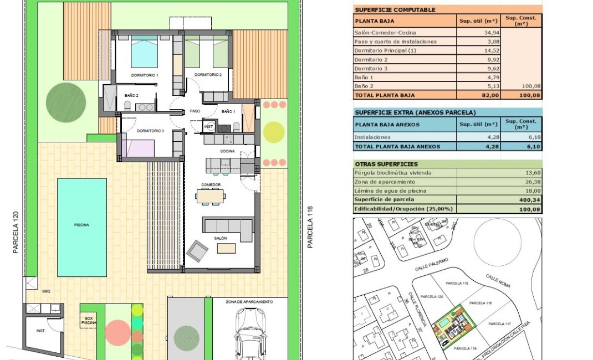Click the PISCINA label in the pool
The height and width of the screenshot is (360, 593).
click(x=81, y=225)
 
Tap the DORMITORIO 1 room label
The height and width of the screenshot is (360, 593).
click(x=145, y=75)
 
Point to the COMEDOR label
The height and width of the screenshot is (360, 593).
click(x=211, y=184)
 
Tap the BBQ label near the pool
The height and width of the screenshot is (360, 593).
click(x=46, y=291)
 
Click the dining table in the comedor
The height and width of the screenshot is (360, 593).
click(x=211, y=195)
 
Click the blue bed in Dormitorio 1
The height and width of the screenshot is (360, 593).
click(x=144, y=54)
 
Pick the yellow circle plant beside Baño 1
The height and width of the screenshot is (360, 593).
click(x=273, y=132)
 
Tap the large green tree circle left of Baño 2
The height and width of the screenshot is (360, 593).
click(x=66, y=102)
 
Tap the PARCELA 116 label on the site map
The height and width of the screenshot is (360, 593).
click(x=480, y=304)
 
